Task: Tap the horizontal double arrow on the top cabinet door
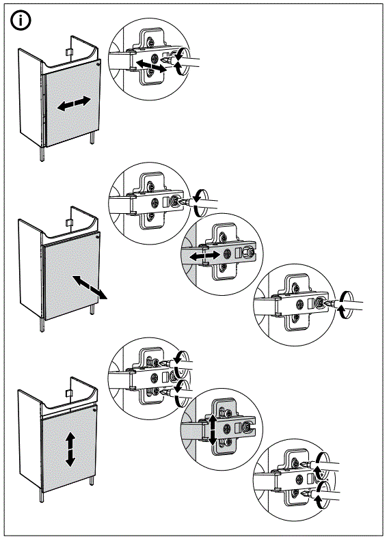73,104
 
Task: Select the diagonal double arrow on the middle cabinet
90,287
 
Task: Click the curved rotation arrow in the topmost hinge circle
180,61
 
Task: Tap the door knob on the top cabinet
98,64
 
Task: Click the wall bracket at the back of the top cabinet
69,51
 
